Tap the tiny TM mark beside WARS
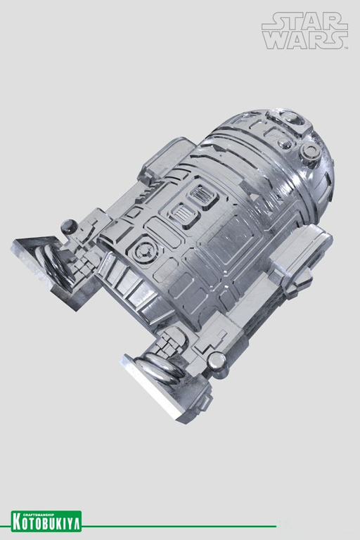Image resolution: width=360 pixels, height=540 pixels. [346, 48]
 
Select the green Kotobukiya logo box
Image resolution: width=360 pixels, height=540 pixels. [46, 521]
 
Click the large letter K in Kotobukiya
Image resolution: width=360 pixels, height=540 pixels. [17, 523]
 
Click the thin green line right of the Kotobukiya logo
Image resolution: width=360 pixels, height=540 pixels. [179, 526]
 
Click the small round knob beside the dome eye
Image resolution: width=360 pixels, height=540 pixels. [310, 151]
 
